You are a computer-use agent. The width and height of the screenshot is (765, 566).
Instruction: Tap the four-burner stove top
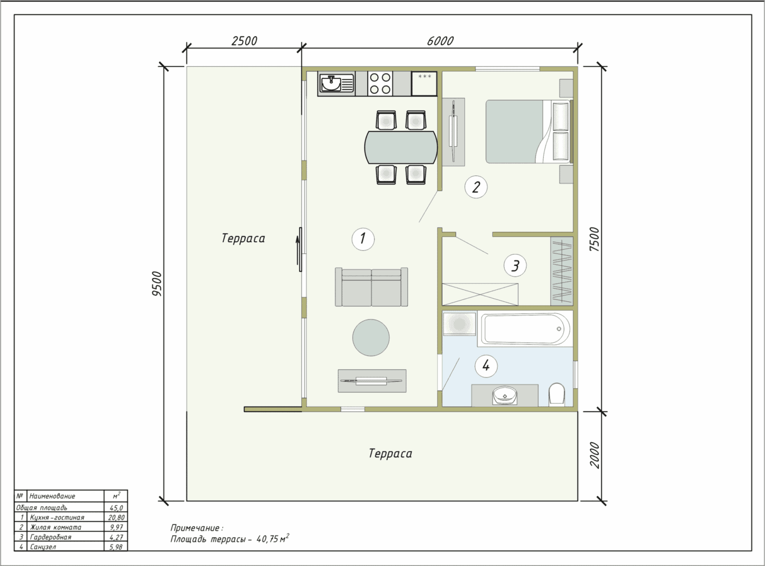tap(380, 83)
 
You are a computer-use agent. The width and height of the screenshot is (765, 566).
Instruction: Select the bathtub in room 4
tap(524, 328)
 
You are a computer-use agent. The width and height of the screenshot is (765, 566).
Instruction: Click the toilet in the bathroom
tap(557, 395)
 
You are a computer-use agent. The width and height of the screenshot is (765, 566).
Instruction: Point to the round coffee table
tap(371, 337)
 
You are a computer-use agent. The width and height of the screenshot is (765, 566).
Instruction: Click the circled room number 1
tap(363, 239)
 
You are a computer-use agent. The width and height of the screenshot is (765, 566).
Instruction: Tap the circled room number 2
tap(476, 187)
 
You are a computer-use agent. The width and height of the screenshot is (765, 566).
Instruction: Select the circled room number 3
tap(515, 266)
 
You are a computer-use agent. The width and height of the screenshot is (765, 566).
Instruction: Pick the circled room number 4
tap(486, 366)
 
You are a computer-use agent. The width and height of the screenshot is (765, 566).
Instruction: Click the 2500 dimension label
tap(244, 41)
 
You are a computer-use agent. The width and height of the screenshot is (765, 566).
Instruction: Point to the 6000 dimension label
tap(440, 41)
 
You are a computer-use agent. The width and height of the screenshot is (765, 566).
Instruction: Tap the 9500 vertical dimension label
tap(157, 283)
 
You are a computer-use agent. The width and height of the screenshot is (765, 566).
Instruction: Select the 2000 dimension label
tap(595, 455)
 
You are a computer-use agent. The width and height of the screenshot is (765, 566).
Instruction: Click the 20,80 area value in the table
tap(116, 517)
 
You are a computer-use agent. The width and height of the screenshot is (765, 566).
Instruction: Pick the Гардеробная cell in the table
tap(51, 537)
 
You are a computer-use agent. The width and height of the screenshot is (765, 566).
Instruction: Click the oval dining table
tap(401, 147)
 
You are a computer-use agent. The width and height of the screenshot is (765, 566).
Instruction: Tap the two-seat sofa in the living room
tap(372, 287)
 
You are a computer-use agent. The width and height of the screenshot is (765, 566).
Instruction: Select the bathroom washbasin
tap(505, 396)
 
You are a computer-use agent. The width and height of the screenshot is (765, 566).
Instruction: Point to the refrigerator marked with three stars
tap(424, 83)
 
